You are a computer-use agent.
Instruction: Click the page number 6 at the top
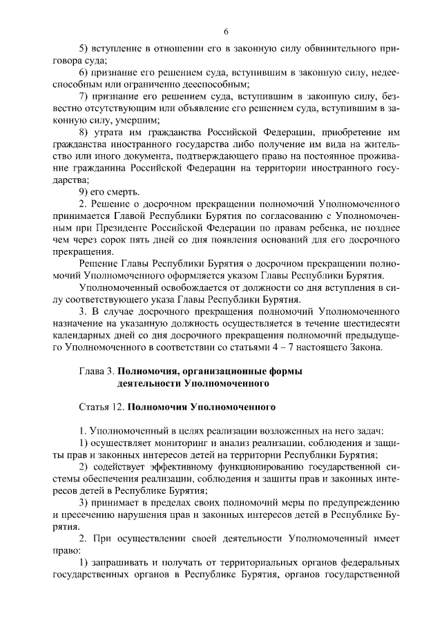225,31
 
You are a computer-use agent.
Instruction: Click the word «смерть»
125,191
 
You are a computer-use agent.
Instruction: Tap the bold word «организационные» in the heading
236,370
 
